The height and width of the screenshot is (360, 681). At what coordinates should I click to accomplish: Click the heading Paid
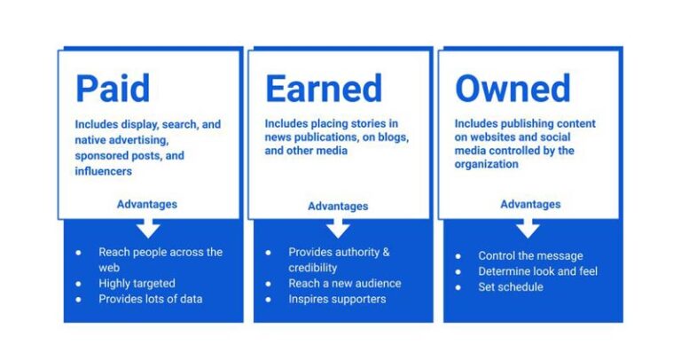click(x=113, y=89)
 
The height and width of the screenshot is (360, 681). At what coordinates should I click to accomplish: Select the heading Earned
click(x=324, y=89)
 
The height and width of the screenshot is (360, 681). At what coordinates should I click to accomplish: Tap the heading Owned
click(x=513, y=89)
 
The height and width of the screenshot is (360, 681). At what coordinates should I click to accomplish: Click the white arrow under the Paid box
click(x=148, y=227)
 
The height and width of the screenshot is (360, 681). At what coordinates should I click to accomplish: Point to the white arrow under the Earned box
click(x=338, y=228)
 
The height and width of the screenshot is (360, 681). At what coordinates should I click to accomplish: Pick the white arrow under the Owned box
click(x=528, y=227)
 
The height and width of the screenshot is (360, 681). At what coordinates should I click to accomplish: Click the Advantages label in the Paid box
click(x=147, y=204)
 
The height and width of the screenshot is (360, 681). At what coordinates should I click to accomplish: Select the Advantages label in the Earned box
click(x=338, y=207)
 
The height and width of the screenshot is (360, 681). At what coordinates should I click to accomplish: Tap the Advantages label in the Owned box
click(x=530, y=204)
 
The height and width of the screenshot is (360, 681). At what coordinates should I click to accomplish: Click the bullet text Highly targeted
click(x=137, y=284)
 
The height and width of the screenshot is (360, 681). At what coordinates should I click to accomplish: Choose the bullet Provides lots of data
click(x=150, y=299)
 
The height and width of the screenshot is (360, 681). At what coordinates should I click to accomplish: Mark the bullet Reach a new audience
click(x=344, y=284)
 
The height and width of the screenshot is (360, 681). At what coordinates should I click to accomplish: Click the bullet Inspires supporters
click(x=336, y=299)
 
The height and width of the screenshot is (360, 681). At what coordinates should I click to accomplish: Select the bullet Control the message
click(x=530, y=256)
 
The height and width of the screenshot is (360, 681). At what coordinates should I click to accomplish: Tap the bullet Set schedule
click(x=510, y=286)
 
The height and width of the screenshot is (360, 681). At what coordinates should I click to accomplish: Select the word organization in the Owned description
click(x=487, y=164)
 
